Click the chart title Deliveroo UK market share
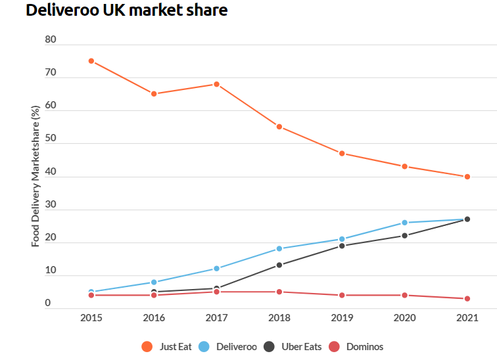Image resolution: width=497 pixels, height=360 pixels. click(x=127, y=11)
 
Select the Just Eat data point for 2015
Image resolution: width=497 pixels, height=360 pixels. click(x=91, y=61)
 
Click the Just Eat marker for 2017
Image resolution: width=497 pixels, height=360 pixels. click(x=216, y=84)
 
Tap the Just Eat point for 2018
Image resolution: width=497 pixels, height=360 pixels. click(x=279, y=127)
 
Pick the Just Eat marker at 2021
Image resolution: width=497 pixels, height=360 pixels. click(x=467, y=177)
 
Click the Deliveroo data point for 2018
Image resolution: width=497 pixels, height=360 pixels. click(x=279, y=248)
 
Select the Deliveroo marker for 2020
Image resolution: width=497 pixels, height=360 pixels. click(x=405, y=223)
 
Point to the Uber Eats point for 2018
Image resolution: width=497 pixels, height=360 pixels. click(x=279, y=265)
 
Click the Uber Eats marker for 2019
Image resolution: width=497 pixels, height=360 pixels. click(x=342, y=246)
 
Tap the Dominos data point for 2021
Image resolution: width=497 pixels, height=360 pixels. click(x=467, y=299)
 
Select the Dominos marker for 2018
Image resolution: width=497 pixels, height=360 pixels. click(x=279, y=292)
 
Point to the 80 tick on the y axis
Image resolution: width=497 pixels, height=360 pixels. click(x=51, y=40)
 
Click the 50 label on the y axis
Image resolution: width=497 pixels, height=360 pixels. click(x=51, y=139)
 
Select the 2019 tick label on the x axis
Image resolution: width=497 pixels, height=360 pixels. click(x=342, y=318)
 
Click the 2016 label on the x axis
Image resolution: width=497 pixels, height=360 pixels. click(x=154, y=318)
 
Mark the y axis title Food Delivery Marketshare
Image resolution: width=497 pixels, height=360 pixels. click(x=35, y=176)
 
